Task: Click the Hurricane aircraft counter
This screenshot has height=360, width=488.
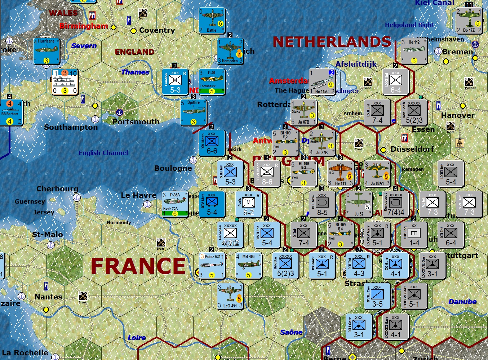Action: coord(46,51)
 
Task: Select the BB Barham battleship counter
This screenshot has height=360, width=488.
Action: coord(10,112)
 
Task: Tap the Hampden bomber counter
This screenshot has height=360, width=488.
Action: coord(230,51)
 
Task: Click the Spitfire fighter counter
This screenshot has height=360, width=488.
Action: coord(194,112)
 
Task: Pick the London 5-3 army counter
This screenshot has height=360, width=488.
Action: coord(175,82)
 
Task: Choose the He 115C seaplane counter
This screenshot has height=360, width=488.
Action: coord(322,82)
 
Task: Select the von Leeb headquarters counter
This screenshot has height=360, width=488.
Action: coord(414,112)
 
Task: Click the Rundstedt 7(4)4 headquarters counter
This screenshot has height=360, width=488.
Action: coord(396,204)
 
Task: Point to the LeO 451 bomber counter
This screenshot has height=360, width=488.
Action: coord(230,296)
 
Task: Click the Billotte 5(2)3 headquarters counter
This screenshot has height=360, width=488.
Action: coord(285,266)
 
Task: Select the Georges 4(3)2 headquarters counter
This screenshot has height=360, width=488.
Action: coord(230,235)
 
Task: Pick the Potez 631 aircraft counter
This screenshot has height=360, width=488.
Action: coord(212,266)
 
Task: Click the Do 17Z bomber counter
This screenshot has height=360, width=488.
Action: coord(469,21)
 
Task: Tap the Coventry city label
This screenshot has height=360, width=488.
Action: coord(157,31)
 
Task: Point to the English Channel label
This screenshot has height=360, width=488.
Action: coord(103,153)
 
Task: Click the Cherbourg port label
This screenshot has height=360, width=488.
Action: coord(57,189)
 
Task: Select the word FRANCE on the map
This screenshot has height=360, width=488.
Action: coord(138,266)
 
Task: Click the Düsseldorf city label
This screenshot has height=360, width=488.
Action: coord(412,149)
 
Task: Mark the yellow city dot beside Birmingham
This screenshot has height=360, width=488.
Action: coord(114,27)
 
